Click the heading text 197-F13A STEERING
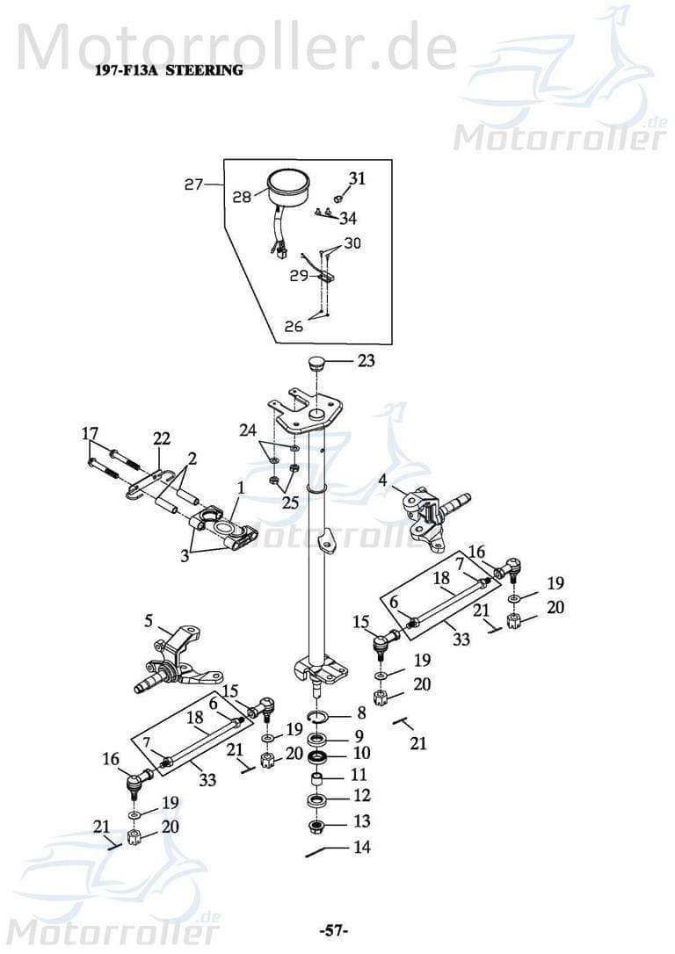click(x=168, y=70)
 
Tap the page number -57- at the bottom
click(x=334, y=929)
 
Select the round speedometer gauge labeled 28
click(x=290, y=188)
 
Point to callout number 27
click(x=194, y=184)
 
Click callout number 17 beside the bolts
click(x=90, y=433)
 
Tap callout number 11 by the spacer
click(x=359, y=774)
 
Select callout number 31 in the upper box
click(x=356, y=178)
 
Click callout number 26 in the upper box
click(x=294, y=326)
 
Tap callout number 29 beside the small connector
click(x=299, y=275)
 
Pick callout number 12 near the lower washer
click(x=360, y=797)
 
